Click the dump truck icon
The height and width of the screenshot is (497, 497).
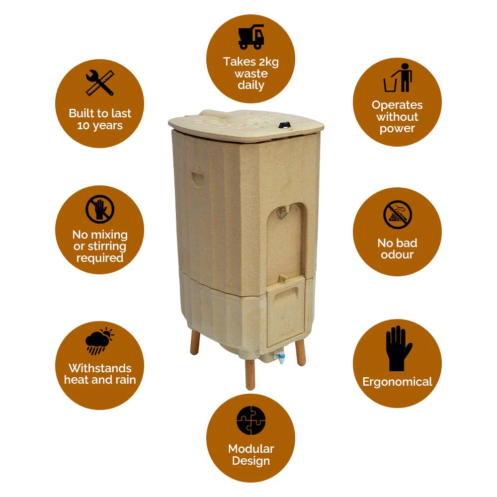(x=251, y=37)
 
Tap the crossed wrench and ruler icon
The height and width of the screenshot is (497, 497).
(x=100, y=83)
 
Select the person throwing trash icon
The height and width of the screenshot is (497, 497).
(x=398, y=78)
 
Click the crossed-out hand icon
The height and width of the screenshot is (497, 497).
(x=100, y=209)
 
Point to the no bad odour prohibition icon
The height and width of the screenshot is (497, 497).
(x=398, y=215)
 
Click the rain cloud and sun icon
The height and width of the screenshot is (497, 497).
(x=99, y=341)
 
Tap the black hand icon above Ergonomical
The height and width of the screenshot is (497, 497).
(x=399, y=348)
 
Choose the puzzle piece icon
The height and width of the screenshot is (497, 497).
(x=251, y=420)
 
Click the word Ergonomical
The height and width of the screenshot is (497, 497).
(x=397, y=382)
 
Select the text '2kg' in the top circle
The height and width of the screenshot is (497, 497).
(x=268, y=62)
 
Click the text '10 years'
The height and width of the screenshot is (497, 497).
(x=100, y=126)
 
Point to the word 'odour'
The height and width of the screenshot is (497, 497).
(x=397, y=254)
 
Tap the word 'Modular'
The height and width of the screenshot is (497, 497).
(x=251, y=449)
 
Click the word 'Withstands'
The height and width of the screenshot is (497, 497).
(x=100, y=368)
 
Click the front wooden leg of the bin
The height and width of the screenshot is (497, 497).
(x=250, y=374)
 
